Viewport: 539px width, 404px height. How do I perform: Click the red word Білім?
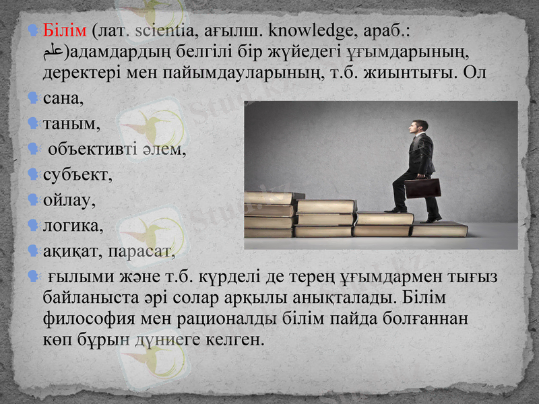tap(65, 31)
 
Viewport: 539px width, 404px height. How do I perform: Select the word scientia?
tap(162, 31)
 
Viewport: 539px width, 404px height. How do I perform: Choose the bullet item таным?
tap(71, 125)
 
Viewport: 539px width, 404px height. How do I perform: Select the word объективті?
tap(92, 149)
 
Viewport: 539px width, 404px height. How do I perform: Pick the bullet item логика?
tap(73, 226)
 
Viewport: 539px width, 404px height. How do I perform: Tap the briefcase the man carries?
tap(422, 187)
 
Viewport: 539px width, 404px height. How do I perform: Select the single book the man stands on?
tap(439, 230)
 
